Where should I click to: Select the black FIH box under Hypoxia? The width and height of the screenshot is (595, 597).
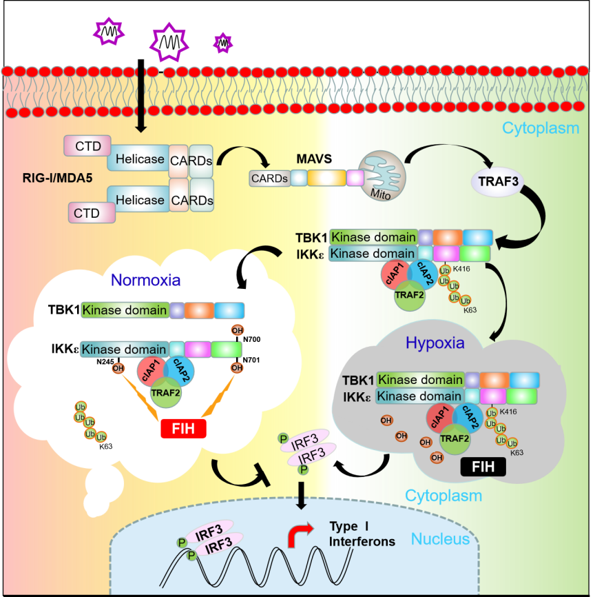[x=480, y=467]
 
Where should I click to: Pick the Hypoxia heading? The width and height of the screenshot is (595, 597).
[x=435, y=343]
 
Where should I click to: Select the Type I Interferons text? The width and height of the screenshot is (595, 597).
[x=362, y=534]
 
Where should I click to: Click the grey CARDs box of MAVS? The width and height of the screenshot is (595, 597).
[x=269, y=178]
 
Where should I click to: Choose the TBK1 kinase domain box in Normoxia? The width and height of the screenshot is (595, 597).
[x=125, y=310]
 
